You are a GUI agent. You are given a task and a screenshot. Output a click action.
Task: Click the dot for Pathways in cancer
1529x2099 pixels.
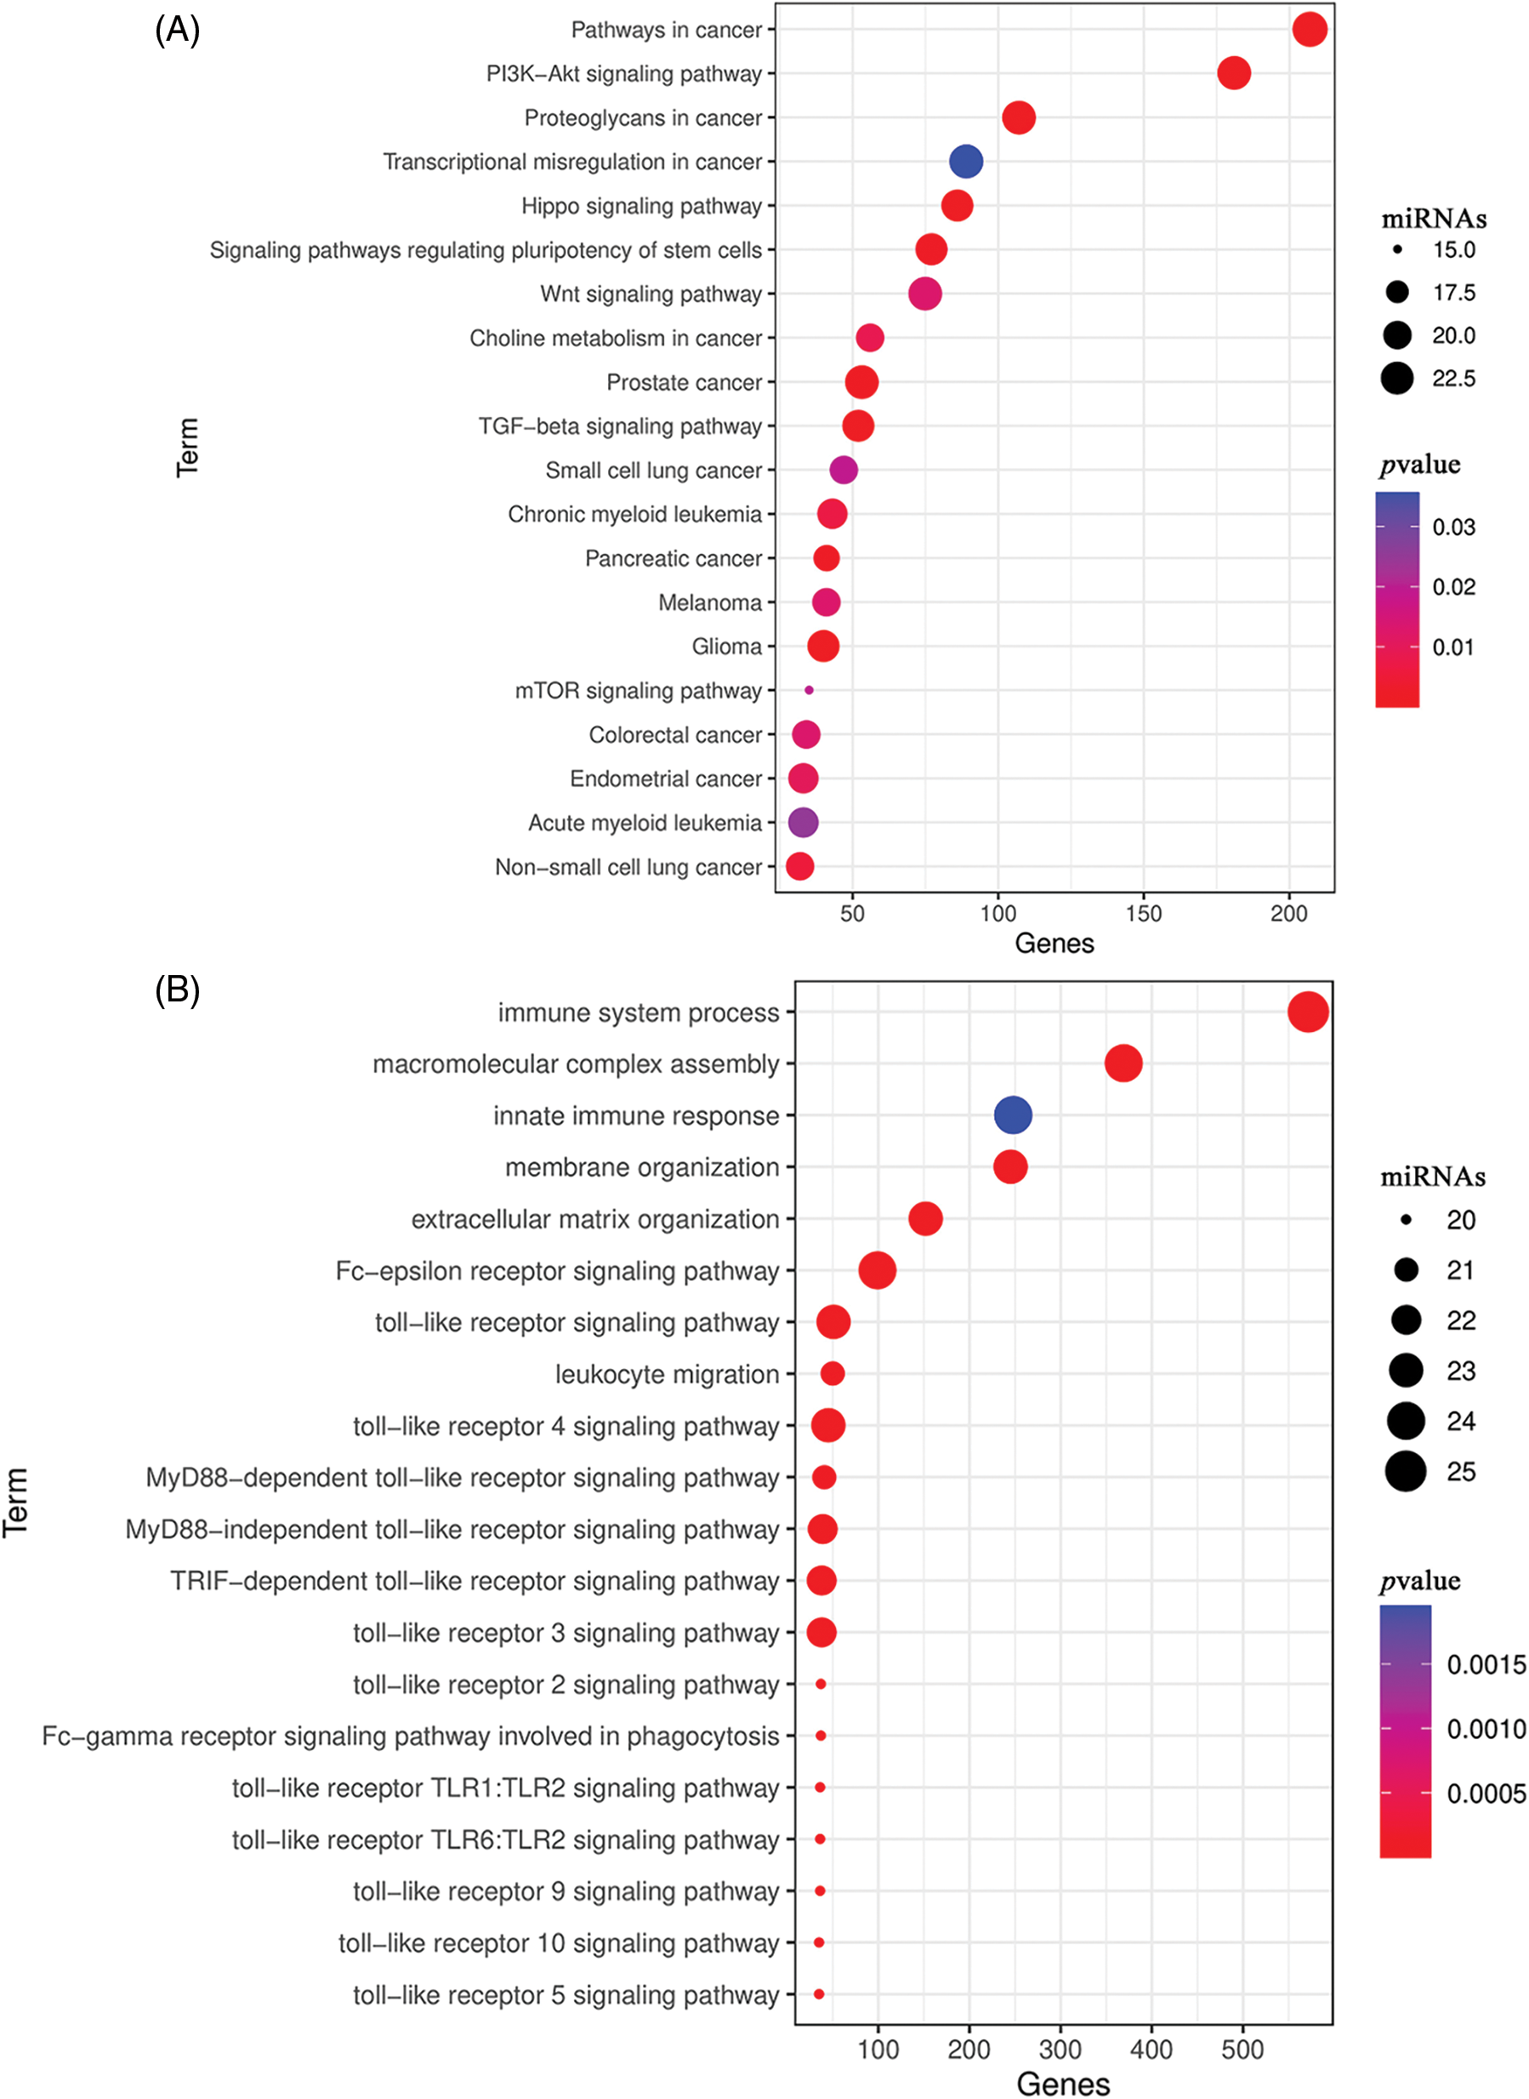coord(1310,30)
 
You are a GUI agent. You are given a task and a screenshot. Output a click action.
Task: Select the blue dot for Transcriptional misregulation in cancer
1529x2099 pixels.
coord(966,161)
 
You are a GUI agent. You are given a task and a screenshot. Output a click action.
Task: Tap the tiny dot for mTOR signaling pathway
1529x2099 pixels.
coord(809,690)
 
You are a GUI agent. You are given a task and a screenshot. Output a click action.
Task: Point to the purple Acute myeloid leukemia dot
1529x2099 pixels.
coord(803,822)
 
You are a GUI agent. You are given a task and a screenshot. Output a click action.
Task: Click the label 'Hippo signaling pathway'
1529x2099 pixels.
coord(641,206)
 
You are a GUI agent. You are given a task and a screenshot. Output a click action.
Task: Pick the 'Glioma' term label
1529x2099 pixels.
coord(726,647)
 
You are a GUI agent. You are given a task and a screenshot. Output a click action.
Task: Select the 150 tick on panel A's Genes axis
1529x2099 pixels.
coord(1143,914)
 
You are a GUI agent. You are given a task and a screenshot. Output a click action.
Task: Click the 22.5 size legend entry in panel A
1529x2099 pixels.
coord(1397,379)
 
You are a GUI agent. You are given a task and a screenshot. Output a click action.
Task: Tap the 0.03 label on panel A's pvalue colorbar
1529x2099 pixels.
coord(1453,528)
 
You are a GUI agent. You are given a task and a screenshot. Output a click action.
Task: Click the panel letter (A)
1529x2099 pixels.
coord(177,31)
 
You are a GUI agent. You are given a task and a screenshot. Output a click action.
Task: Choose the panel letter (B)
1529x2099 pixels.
coord(177,990)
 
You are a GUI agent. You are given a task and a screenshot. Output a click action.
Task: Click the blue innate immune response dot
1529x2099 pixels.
coord(1013,1115)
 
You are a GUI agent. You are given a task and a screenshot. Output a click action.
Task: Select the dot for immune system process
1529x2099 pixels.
coord(1308,1012)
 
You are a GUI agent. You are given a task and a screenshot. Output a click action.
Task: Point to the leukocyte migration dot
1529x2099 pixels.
coord(832,1373)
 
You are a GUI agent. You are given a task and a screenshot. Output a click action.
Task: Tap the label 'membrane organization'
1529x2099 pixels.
coord(641,1167)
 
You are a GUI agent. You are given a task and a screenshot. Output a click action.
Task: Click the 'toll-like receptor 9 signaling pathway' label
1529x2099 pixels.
coord(566,1891)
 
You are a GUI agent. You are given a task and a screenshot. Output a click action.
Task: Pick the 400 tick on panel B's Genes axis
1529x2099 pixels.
coord(1151,2049)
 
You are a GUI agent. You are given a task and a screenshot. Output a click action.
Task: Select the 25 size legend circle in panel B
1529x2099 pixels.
coord(1406,1471)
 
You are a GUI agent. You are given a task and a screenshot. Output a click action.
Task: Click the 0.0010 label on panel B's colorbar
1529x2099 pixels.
coord(1486,1729)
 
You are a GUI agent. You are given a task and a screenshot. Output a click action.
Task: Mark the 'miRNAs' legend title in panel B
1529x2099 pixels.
coord(1433,1177)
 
